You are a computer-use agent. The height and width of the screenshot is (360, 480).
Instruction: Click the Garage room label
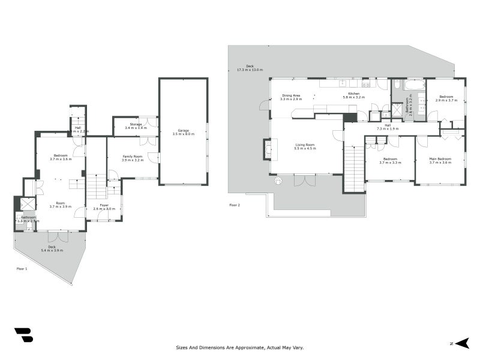point(183,130)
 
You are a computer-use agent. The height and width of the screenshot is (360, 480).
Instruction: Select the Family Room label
point(132,156)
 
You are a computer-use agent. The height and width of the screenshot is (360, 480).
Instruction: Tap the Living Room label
point(305,145)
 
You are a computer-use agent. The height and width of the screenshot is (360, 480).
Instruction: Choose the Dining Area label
point(291,95)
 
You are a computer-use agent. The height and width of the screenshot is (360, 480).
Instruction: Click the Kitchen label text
point(351,94)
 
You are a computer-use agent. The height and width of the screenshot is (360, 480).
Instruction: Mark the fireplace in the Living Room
point(268,149)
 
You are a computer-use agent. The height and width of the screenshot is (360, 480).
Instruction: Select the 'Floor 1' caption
point(22,269)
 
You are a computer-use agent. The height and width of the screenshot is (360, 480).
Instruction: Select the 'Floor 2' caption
point(235,205)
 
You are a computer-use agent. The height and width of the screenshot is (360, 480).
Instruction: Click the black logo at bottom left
point(23,335)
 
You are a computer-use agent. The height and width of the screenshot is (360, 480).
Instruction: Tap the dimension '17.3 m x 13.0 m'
point(250,70)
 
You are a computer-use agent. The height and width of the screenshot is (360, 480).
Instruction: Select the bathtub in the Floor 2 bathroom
point(413,85)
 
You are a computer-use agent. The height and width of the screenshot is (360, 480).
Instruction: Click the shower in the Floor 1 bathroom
point(28,203)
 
